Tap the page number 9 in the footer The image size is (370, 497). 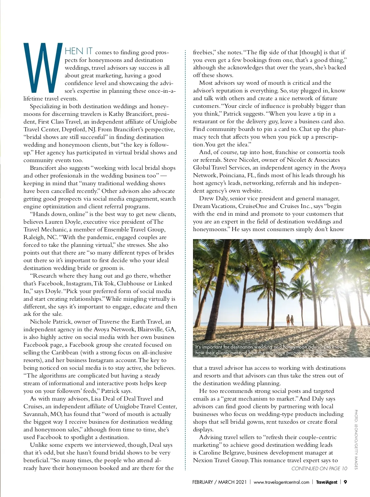point(345,482)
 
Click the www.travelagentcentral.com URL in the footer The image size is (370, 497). point(281,482)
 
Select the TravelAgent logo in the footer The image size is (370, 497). point(327,482)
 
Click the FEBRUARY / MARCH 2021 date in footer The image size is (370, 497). point(219,482)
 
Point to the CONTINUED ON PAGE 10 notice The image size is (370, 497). point(319,469)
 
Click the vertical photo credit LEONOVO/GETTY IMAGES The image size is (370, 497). point(356,439)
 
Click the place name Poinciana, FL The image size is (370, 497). point(237,175)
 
